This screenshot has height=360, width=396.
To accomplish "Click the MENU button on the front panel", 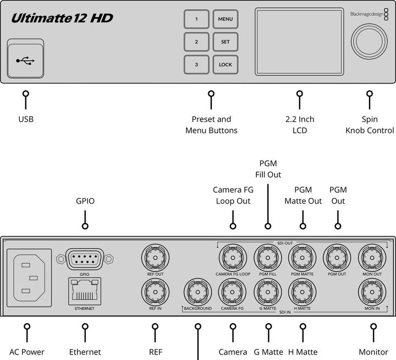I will [226, 19].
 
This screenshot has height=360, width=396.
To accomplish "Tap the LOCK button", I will [226, 64].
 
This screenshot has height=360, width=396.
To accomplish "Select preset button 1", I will [196, 19].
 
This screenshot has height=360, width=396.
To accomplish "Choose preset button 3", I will [196, 64].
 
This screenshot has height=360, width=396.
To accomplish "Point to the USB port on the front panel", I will [25, 59].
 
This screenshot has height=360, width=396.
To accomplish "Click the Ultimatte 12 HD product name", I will [62, 18].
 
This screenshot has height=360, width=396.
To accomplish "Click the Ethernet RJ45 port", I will [84, 291].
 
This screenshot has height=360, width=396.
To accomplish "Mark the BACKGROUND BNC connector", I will [197, 292].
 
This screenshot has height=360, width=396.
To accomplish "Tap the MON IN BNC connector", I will [372, 291].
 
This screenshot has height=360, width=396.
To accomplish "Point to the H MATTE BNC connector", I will [302, 291].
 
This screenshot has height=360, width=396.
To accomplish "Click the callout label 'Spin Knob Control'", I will [370, 125].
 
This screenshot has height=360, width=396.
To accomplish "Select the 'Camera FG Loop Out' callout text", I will [232, 195].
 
